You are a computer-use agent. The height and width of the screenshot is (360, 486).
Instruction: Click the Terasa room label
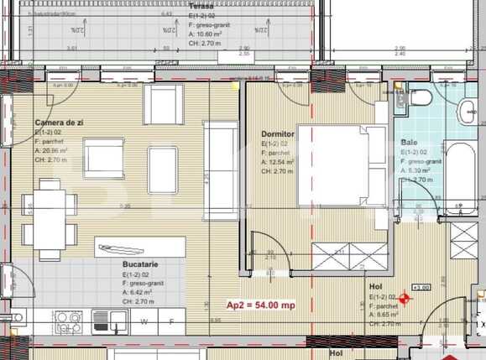click(177, 6)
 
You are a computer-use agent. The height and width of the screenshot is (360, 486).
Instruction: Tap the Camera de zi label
click(59, 123)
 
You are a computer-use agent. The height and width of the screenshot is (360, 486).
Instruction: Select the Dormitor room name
click(277, 133)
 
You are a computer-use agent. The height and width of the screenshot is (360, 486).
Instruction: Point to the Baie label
click(409, 143)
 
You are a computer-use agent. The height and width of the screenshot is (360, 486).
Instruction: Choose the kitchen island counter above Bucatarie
click(138, 247)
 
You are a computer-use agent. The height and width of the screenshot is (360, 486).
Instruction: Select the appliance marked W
click(144, 321)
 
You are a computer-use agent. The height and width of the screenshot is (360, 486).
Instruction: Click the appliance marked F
click(171, 321)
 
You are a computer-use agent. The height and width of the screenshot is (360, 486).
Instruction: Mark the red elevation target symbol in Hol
click(408, 297)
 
